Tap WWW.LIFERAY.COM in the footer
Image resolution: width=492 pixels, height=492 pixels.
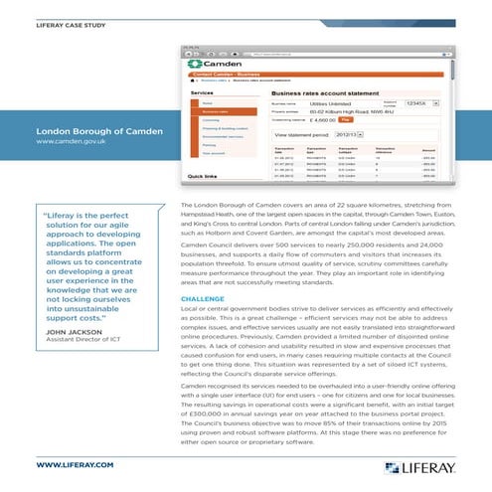(x=75, y=463)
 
